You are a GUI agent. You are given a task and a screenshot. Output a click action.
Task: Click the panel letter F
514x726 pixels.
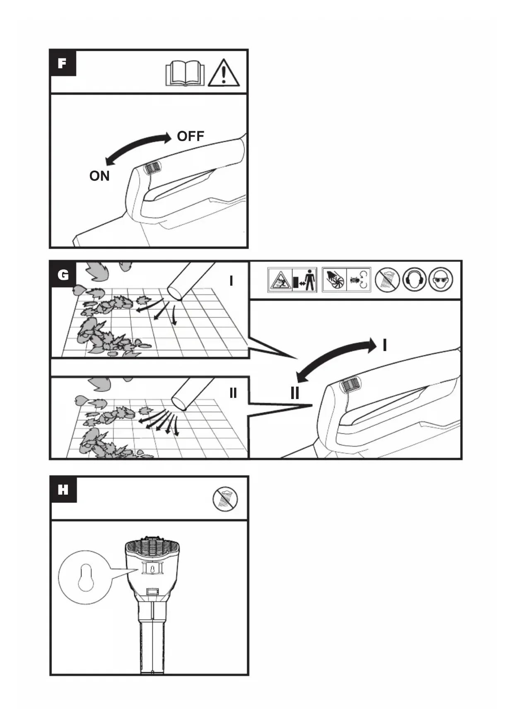(63, 63)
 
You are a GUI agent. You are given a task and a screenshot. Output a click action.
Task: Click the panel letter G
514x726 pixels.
(63, 274)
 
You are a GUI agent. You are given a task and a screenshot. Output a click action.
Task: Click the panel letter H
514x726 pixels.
(63, 490)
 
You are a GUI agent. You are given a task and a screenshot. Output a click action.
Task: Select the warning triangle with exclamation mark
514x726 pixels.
(223, 73)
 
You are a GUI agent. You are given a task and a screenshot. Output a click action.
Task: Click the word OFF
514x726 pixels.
(191, 136)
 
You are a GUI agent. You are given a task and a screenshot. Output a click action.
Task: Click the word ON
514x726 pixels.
(99, 176)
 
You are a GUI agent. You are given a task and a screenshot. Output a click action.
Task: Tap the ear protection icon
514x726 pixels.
(414, 279)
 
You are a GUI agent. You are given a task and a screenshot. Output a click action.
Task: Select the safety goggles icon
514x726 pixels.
(441, 279)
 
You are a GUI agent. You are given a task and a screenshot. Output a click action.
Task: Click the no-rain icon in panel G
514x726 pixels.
(387, 279)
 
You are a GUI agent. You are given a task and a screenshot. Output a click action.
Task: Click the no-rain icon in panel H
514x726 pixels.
(225, 499)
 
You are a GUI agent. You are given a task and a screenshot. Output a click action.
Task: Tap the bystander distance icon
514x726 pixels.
(292, 280)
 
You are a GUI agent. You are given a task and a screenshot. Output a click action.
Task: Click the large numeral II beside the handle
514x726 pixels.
(295, 392)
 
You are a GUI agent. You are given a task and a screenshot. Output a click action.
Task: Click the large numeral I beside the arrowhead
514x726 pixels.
(385, 345)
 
